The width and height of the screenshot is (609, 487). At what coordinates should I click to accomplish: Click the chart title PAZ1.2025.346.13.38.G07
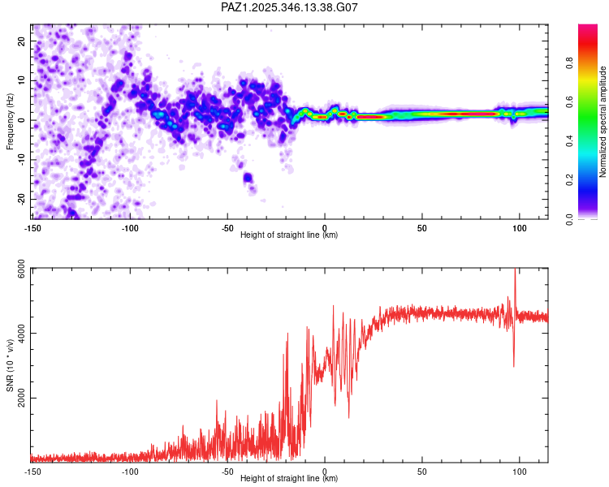[x=290, y=7]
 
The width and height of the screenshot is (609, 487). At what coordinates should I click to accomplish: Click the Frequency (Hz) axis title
[x=11, y=121]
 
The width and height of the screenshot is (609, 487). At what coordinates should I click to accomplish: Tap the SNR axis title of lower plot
[x=11, y=364]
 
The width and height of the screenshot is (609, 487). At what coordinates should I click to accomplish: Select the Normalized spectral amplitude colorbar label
[x=603, y=123]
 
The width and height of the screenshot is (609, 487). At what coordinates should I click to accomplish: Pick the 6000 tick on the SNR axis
[x=19, y=269]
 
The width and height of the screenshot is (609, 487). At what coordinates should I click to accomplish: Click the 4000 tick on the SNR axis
[x=19, y=333]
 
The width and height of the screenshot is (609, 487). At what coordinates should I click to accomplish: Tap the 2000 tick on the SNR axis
[x=19, y=398]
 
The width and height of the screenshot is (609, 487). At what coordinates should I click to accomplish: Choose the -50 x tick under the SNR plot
[x=227, y=472]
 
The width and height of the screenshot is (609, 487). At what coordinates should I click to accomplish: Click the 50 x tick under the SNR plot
[x=422, y=472]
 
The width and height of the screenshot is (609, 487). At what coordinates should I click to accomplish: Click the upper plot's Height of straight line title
[x=290, y=235]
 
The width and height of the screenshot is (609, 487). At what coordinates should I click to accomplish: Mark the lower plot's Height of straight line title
[x=290, y=479]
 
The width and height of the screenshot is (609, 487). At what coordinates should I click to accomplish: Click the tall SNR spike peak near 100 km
[x=515, y=271]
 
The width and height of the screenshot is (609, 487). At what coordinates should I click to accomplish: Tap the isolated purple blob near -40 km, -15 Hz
[x=248, y=178]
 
